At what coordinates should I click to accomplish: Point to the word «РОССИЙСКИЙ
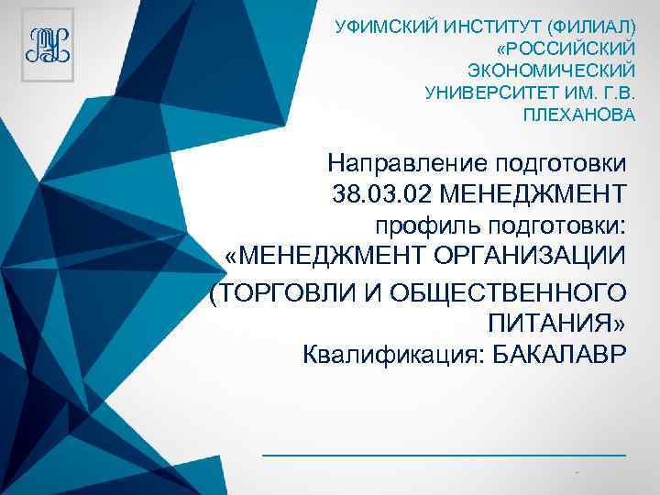pyautogui.click(x=565, y=45)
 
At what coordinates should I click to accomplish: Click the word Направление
pyautogui.click(x=406, y=164)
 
